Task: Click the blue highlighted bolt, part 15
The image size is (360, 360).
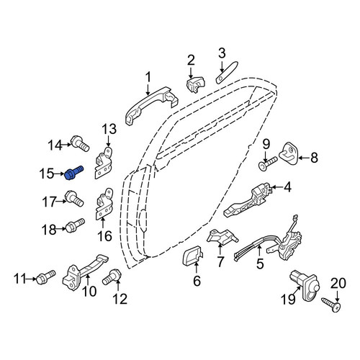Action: tap(74, 173)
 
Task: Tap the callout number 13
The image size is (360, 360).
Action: tap(109, 129)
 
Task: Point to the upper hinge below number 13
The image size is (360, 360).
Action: tap(104, 163)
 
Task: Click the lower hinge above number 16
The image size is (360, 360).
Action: tap(104, 204)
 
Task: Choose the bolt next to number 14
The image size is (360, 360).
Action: tap(80, 143)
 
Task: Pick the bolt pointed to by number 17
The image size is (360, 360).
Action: tap(74, 198)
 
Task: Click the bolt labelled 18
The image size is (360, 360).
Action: tap(75, 225)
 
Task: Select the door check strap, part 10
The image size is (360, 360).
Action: tap(84, 272)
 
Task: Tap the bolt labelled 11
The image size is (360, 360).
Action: tap(45, 277)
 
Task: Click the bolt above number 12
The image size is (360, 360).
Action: tap(112, 277)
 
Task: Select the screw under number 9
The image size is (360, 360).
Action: tap(268, 163)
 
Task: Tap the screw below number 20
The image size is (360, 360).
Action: tap(331, 305)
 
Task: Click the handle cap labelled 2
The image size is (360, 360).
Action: tap(196, 84)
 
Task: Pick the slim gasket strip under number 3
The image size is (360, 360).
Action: tap(227, 73)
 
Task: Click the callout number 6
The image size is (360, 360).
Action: tap(197, 281)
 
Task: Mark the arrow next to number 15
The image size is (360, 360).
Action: tap(60, 174)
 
